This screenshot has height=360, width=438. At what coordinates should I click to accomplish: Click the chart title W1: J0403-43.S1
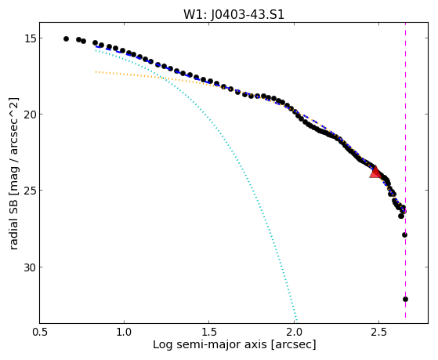(233, 15)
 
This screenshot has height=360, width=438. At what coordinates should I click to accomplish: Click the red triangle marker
(375, 172)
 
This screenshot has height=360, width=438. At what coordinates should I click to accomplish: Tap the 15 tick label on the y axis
(29, 38)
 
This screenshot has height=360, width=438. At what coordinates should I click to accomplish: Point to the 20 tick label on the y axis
(29, 115)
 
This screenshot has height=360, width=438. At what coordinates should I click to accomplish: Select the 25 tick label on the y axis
(29, 191)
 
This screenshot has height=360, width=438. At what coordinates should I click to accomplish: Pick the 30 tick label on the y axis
(29, 267)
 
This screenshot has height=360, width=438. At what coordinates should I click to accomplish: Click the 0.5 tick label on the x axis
(40, 332)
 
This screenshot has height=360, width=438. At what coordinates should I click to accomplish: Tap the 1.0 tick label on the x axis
(124, 332)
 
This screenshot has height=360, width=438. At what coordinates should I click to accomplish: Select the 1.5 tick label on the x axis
(209, 332)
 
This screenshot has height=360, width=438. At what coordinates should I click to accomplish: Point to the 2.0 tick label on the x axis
(294, 332)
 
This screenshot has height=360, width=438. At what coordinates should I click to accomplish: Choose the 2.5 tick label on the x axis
(379, 332)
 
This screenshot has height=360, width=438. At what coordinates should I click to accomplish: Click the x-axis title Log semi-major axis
(210, 344)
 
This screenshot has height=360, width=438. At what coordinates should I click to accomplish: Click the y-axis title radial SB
(13, 227)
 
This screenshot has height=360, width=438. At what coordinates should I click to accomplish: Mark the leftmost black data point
(66, 39)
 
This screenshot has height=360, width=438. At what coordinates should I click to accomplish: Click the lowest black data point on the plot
(405, 300)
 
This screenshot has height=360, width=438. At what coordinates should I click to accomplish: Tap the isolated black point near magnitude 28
(404, 235)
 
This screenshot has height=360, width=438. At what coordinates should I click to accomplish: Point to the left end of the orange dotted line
(96, 72)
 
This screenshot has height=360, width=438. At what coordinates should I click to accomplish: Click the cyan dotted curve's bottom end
(297, 322)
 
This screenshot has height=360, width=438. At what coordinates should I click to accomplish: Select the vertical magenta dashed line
(405, 173)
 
